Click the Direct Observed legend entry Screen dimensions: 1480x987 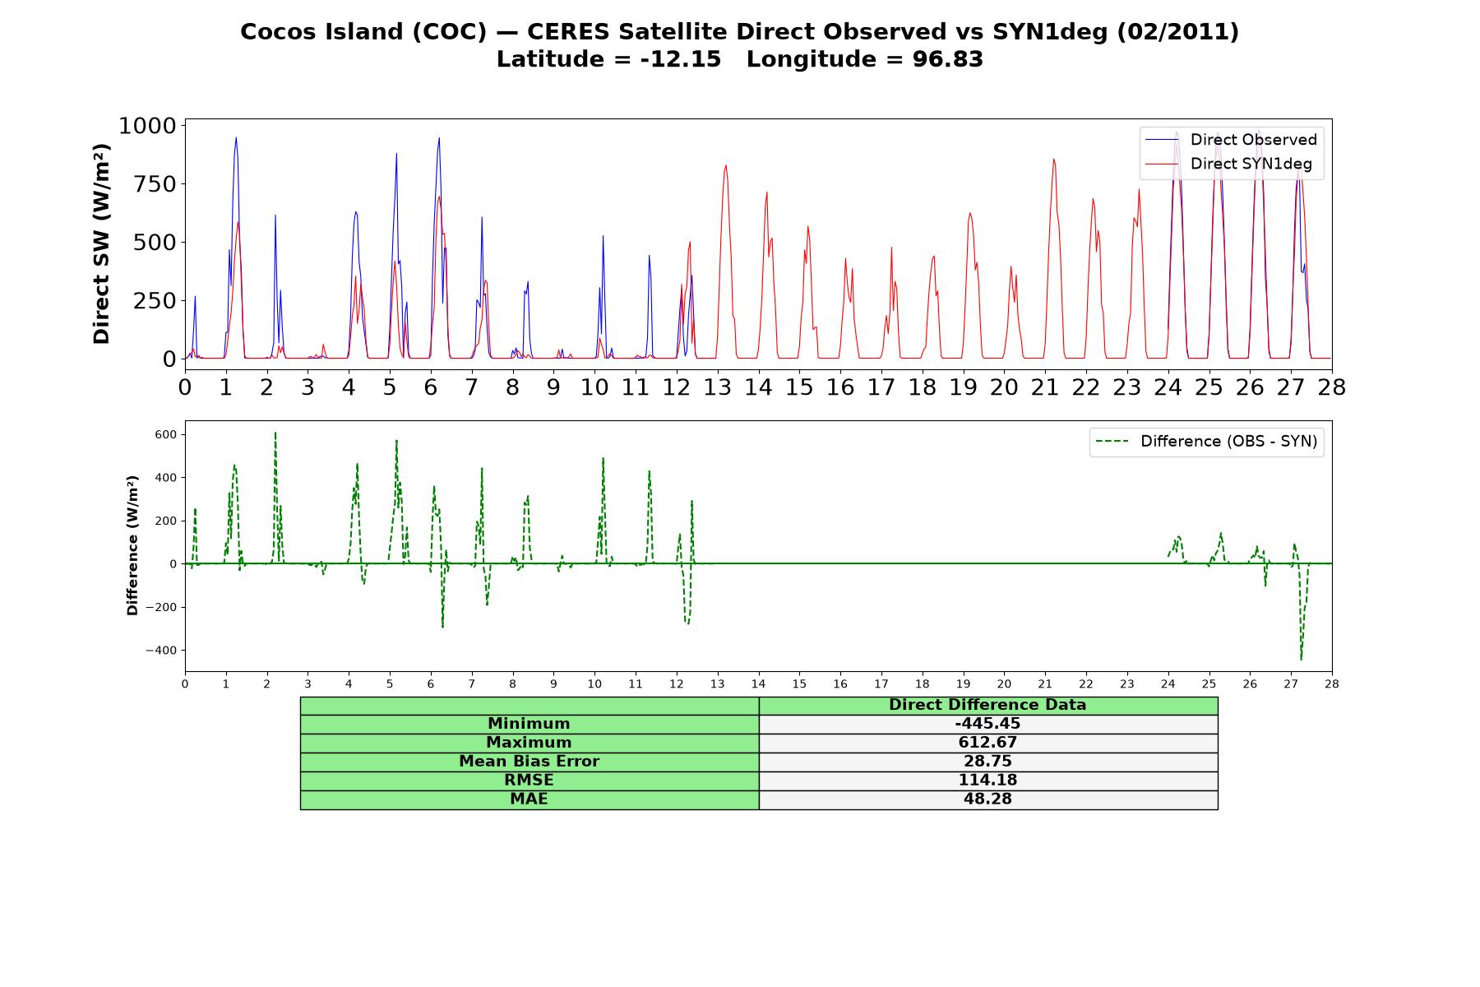[1231, 140]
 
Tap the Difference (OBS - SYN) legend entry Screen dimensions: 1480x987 [1206, 442]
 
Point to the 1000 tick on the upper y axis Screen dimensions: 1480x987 [148, 126]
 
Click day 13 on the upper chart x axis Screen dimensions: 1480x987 [717, 387]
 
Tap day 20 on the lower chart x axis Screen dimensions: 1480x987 [1004, 683]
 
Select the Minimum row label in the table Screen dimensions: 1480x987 [529, 724]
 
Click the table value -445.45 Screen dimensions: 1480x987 [987, 724]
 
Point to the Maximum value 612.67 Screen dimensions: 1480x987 [987, 743]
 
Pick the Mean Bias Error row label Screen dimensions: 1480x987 [529, 762]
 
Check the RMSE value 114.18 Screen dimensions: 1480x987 [987, 781]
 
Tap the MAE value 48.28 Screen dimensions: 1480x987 [987, 799]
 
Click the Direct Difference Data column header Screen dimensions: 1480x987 [987, 705]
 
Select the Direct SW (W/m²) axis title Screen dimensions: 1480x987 [101, 243]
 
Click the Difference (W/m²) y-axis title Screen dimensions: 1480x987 [132, 545]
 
